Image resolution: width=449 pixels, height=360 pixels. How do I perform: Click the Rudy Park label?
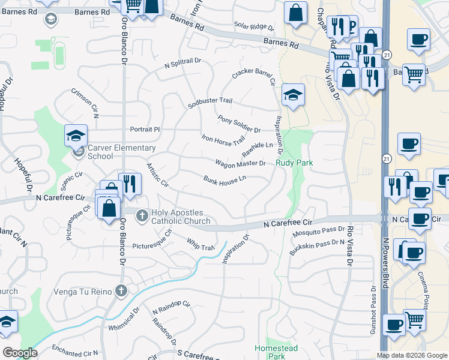pyautogui.click(x=295, y=162)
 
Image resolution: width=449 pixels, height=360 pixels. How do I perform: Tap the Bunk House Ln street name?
pyautogui.click(x=225, y=179)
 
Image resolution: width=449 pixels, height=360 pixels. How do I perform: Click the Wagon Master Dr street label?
pyautogui.click(x=240, y=163)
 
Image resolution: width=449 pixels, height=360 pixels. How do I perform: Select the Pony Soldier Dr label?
pyautogui.click(x=239, y=124)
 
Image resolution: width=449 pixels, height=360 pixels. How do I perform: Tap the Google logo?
pyautogui.click(x=20, y=353)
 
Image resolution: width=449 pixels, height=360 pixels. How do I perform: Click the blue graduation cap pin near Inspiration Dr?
pyautogui.click(x=293, y=94)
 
